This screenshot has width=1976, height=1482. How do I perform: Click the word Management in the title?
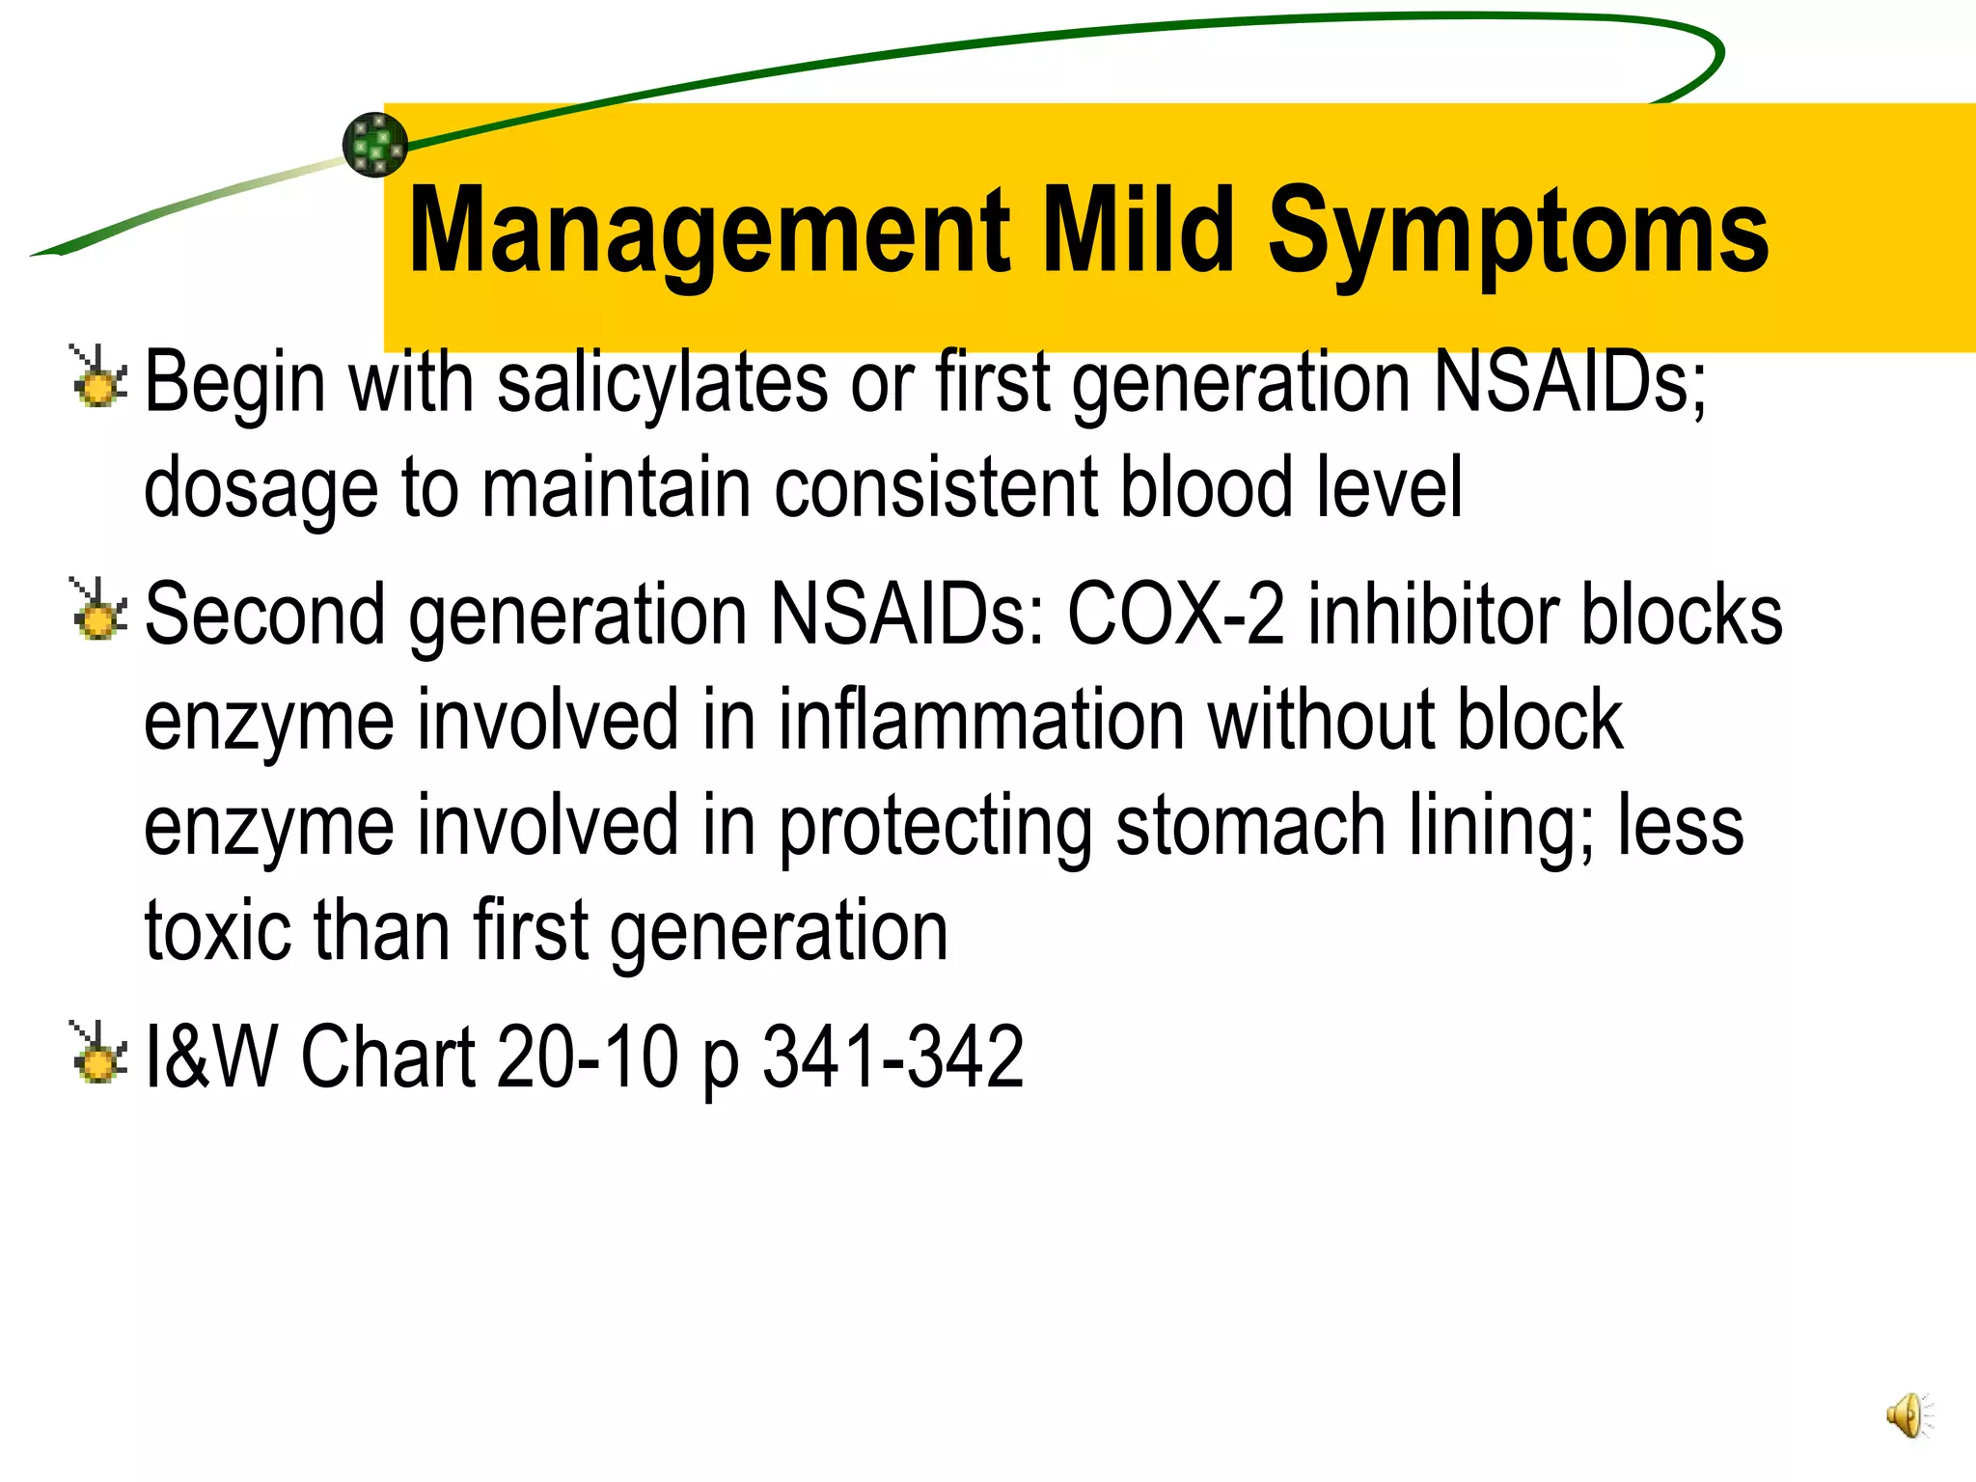pyautogui.click(x=709, y=232)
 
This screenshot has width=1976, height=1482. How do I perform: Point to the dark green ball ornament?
pyautogui.click(x=375, y=145)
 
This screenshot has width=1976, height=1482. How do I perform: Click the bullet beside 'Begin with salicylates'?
pyautogui.click(x=98, y=379)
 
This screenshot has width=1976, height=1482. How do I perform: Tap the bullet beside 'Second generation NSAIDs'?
pyautogui.click(x=98, y=613)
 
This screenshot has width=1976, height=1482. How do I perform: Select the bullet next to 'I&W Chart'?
pyautogui.click(x=98, y=1055)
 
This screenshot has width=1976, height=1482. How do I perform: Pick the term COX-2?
pyautogui.click(x=1175, y=615)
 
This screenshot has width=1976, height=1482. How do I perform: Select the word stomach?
pyautogui.click(x=1250, y=826)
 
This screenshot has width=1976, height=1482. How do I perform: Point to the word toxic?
pyautogui.click(x=218, y=931)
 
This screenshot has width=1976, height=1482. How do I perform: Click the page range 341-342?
pyautogui.click(x=892, y=1057)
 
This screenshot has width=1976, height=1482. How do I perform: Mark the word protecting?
pyautogui.click(x=935, y=828)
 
